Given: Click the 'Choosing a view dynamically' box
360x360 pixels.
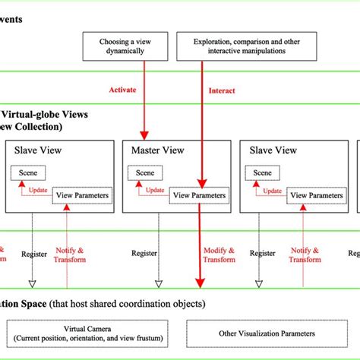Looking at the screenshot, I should pos(125,46).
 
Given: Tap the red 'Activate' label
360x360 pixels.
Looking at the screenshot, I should pos(122,90).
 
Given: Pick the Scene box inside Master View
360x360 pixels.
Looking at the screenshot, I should pos(144,173).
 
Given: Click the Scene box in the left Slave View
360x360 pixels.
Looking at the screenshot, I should pos(27,173).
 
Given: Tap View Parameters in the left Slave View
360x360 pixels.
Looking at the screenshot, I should pos(81,195).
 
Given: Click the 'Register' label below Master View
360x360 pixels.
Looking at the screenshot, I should pos(144,254).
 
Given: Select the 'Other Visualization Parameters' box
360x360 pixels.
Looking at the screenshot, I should pos(250,331).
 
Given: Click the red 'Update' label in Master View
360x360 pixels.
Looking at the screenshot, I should pos(155,190).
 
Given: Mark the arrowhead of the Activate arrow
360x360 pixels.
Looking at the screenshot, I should pos(143,134).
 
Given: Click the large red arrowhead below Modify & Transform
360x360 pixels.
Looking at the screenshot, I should pos(201,284).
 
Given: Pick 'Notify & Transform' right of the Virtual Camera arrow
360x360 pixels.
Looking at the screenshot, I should pos(304,254).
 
